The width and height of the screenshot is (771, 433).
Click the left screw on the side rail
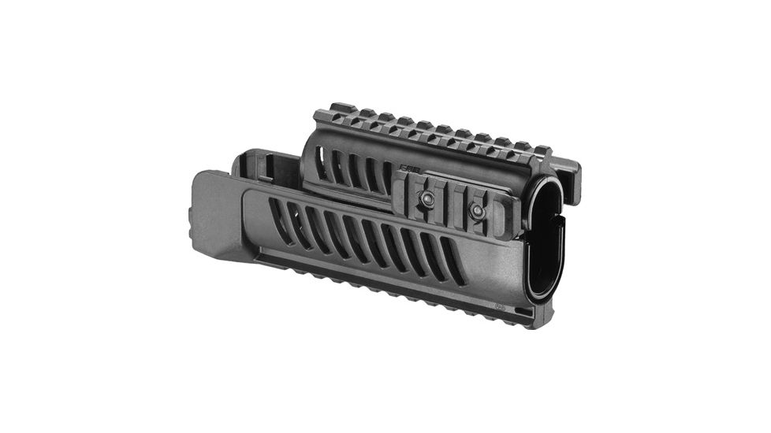428,201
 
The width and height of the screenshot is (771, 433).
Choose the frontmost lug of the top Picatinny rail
542,150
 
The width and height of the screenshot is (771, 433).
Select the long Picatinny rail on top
441,130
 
